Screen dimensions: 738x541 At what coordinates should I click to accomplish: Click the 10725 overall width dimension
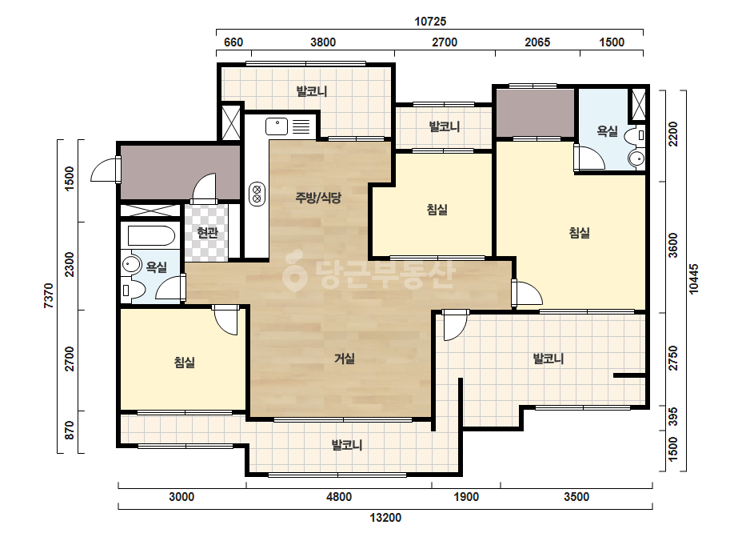429,21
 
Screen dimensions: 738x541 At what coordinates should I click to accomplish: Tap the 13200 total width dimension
385,518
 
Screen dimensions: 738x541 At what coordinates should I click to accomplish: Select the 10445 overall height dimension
694,279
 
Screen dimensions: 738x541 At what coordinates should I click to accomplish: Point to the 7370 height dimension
49,295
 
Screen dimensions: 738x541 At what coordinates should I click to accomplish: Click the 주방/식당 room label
318,198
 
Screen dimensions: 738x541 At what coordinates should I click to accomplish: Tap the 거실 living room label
345,359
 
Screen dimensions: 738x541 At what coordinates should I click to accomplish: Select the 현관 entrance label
208,232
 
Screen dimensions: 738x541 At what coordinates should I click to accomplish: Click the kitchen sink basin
277,126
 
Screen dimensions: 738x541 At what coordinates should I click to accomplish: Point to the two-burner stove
257,194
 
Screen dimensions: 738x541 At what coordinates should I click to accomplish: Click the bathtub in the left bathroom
150,235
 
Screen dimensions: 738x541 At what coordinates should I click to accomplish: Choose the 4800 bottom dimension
339,497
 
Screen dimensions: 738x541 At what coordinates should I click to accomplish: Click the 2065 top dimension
537,42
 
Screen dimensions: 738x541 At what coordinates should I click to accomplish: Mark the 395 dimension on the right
673,417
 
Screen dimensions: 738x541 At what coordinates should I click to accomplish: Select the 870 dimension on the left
70,431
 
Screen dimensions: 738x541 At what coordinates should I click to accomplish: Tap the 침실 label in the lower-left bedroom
185,363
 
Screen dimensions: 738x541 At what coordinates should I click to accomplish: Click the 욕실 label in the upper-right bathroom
607,131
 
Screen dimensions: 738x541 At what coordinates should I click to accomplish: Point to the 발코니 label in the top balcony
312,91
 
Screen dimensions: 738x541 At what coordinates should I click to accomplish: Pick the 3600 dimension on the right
673,245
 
